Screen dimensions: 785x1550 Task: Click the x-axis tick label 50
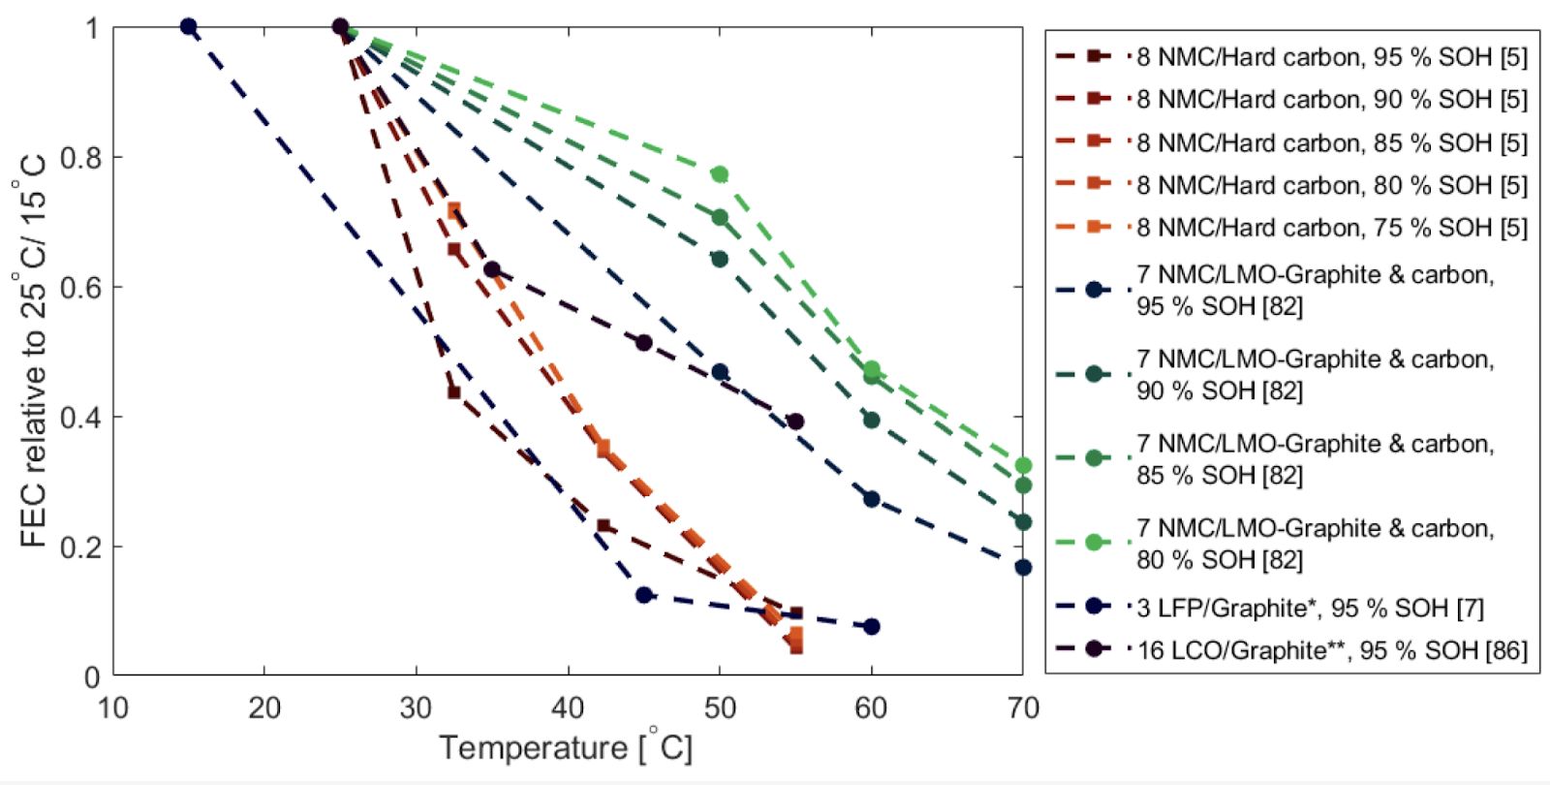point(719,709)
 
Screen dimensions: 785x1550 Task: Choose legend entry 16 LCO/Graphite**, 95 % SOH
point(1331,649)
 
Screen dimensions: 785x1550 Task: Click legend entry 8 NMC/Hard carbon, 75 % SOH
point(1331,227)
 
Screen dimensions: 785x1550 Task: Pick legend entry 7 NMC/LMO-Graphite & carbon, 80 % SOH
point(1315,544)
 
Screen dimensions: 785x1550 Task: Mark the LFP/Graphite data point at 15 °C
point(189,27)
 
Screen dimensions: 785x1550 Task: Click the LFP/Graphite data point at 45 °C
point(644,595)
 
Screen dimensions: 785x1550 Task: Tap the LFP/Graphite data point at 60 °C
point(871,627)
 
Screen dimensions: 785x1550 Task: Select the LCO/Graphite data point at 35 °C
point(492,269)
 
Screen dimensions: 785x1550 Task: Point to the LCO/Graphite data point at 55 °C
point(795,422)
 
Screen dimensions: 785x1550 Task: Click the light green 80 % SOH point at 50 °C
point(720,174)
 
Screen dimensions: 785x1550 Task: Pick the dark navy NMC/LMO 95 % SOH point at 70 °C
point(1023,567)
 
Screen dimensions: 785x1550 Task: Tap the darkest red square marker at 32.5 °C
point(454,392)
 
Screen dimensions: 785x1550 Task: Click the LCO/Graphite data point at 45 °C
point(644,343)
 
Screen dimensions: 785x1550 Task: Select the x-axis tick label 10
point(113,709)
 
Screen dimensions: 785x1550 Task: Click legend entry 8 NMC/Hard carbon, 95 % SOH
point(1331,57)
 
